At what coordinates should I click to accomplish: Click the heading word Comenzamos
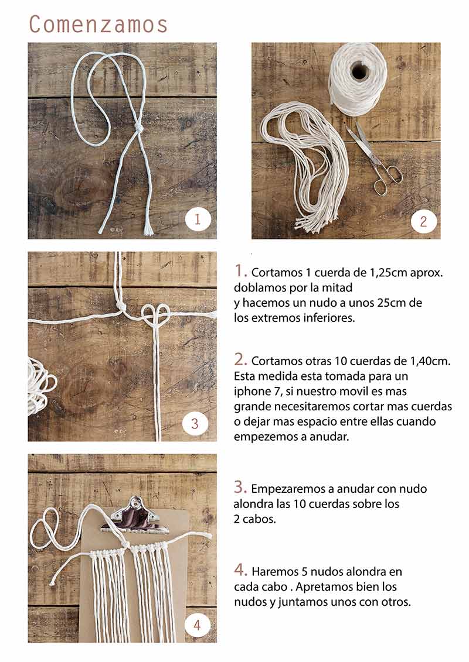point(98,24)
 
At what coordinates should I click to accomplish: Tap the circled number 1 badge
point(198,219)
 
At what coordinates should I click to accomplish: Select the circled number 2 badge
point(423,221)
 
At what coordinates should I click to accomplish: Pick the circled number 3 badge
point(195,423)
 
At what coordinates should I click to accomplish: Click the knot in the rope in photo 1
point(137,127)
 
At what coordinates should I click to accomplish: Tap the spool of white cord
point(358,78)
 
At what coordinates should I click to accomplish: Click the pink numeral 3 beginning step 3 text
point(240,487)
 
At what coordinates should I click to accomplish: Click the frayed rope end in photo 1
point(148,230)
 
